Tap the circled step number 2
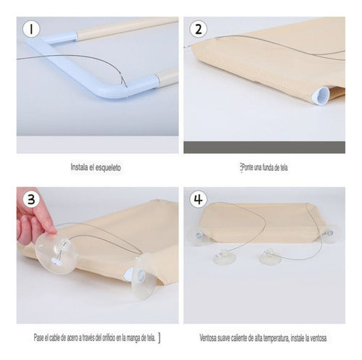[x=197, y=30]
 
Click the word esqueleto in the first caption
[x=107, y=167]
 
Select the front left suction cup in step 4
[x=220, y=259]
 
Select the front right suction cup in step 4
[x=270, y=259]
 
